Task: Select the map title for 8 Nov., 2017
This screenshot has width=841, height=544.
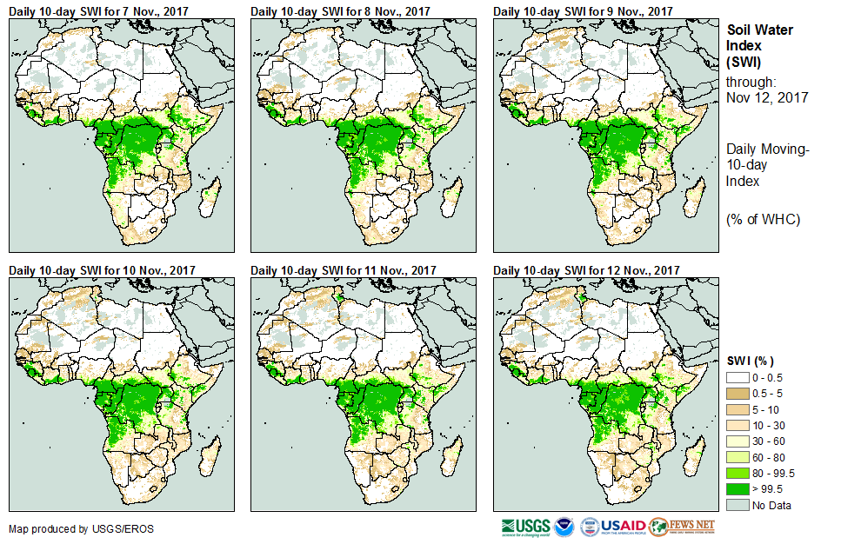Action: [x=340, y=10]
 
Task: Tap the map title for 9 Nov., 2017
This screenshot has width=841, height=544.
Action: [x=583, y=10]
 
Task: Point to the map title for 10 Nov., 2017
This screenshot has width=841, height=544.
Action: [x=102, y=270]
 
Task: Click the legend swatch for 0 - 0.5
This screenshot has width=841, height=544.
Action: [x=738, y=377]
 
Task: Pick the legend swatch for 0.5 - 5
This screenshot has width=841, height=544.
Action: [x=738, y=393]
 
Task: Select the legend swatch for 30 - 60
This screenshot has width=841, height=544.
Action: [x=738, y=441]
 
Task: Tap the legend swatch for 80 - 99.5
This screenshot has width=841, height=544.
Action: [x=738, y=473]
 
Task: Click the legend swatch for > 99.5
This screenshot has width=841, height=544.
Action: [x=738, y=488]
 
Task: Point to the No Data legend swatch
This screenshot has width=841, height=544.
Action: [x=738, y=505]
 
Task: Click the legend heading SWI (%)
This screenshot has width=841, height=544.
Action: [x=750, y=361]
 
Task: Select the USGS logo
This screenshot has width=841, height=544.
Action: [x=525, y=526]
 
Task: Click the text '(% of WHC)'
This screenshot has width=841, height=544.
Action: [x=763, y=219]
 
